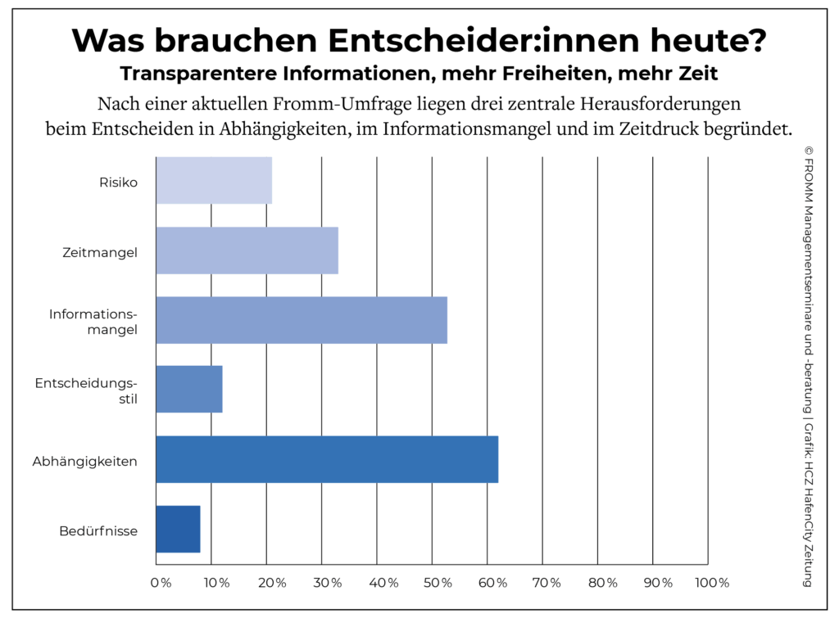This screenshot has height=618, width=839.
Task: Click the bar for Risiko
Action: pyautogui.click(x=214, y=180)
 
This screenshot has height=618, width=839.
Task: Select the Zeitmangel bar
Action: pyautogui.click(x=247, y=250)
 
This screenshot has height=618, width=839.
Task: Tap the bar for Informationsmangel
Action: pyautogui.click(x=302, y=320)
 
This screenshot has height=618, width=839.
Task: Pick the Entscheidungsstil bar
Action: pyautogui.click(x=189, y=390)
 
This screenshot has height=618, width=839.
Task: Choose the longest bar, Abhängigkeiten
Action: pyautogui.click(x=327, y=459)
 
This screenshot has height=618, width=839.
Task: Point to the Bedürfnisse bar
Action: pyautogui.click(x=178, y=529)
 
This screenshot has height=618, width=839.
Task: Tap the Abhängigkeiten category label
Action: pyautogui.click(x=84, y=461)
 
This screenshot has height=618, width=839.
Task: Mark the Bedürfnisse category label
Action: pyautogui.click(x=98, y=530)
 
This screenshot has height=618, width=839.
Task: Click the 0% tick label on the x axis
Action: pyautogui.click(x=161, y=583)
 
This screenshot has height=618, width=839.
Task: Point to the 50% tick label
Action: pyautogui.click(x=437, y=583)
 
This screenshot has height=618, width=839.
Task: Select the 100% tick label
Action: pyautogui.click(x=711, y=583)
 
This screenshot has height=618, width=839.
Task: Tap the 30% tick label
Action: pyautogui.click(x=326, y=583)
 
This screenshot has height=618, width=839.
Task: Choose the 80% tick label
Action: pyautogui.click(x=602, y=583)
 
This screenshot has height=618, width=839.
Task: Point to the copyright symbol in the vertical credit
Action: pyautogui.click(x=807, y=151)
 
